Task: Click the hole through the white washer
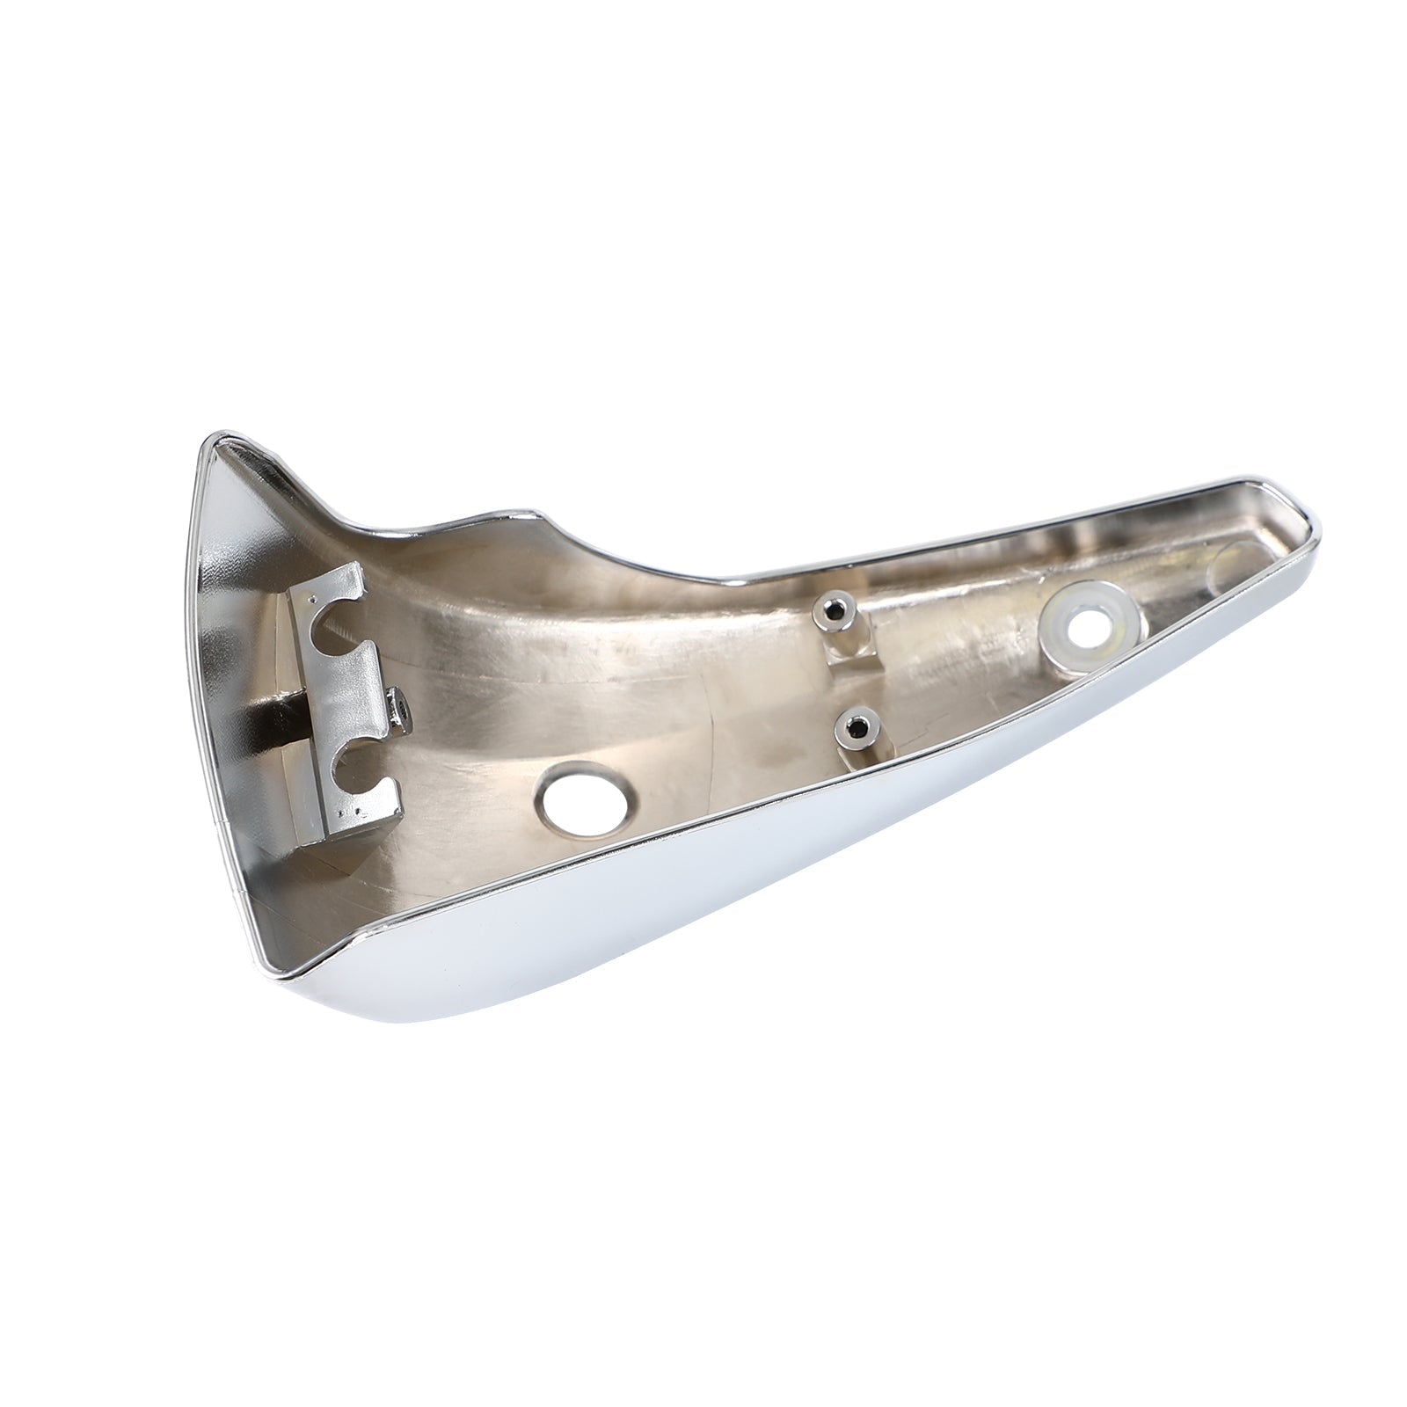pos(1088,627)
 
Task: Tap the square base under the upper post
pos(849,651)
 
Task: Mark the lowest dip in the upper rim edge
pos(730,580)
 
